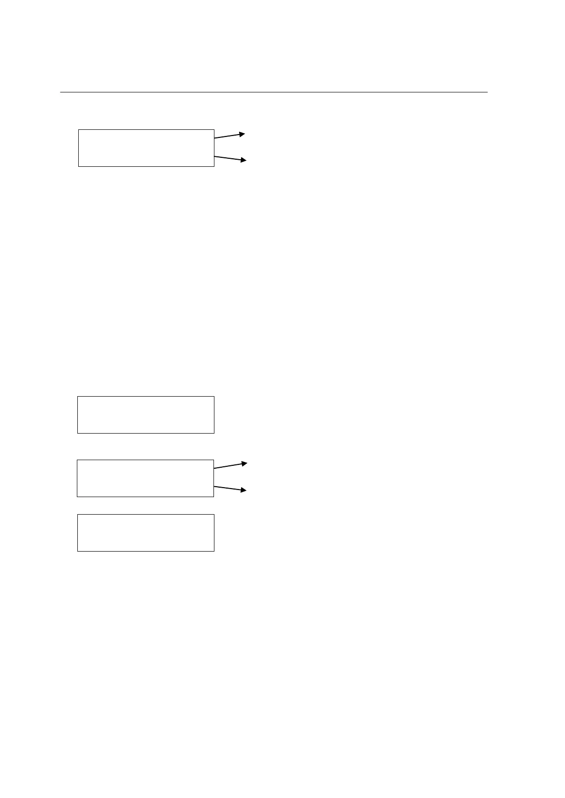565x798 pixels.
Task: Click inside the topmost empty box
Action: point(146,148)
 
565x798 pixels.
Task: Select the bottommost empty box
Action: point(146,533)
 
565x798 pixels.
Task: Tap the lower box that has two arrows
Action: point(145,478)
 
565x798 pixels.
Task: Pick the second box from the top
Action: point(146,415)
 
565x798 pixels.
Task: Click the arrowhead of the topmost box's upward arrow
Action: point(242,134)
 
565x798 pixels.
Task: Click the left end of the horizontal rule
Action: point(61,92)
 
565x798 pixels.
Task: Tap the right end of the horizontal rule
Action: point(487,92)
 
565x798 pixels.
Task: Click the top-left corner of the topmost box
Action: point(78,129)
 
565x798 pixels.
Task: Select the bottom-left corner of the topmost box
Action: point(78,166)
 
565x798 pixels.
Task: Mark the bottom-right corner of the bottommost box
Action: point(214,551)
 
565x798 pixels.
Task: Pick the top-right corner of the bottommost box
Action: point(214,515)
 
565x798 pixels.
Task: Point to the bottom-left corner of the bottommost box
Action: point(77,551)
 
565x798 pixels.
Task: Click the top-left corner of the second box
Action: point(77,397)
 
